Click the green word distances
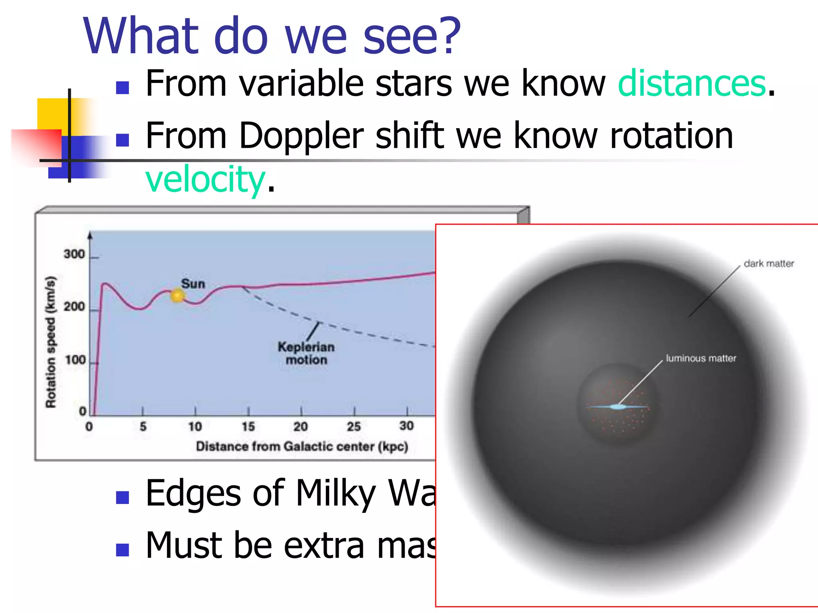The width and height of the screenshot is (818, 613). pyautogui.click(x=691, y=83)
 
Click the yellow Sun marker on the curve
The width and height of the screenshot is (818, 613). pyautogui.click(x=177, y=296)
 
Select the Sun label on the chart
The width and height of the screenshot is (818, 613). pyautogui.click(x=193, y=284)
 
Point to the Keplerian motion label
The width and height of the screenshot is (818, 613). pyautogui.click(x=306, y=353)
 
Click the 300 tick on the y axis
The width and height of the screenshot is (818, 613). pyautogui.click(x=74, y=254)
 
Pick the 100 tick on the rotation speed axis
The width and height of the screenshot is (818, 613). pyautogui.click(x=75, y=360)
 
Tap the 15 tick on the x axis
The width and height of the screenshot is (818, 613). pyautogui.click(x=248, y=427)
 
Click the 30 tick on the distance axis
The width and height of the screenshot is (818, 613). pyautogui.click(x=406, y=426)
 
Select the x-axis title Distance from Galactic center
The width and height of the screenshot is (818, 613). pyautogui.click(x=302, y=446)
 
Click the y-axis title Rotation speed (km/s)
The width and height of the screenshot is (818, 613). pyautogui.click(x=50, y=342)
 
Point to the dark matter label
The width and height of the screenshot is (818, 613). pyautogui.click(x=768, y=263)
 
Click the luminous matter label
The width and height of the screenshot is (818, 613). pyautogui.click(x=701, y=358)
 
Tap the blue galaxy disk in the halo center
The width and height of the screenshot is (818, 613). pyautogui.click(x=617, y=407)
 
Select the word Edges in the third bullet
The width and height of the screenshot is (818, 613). pyautogui.click(x=193, y=494)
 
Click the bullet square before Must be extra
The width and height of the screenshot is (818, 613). pyautogui.click(x=122, y=550)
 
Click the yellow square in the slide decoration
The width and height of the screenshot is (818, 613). pyautogui.click(x=52, y=114)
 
